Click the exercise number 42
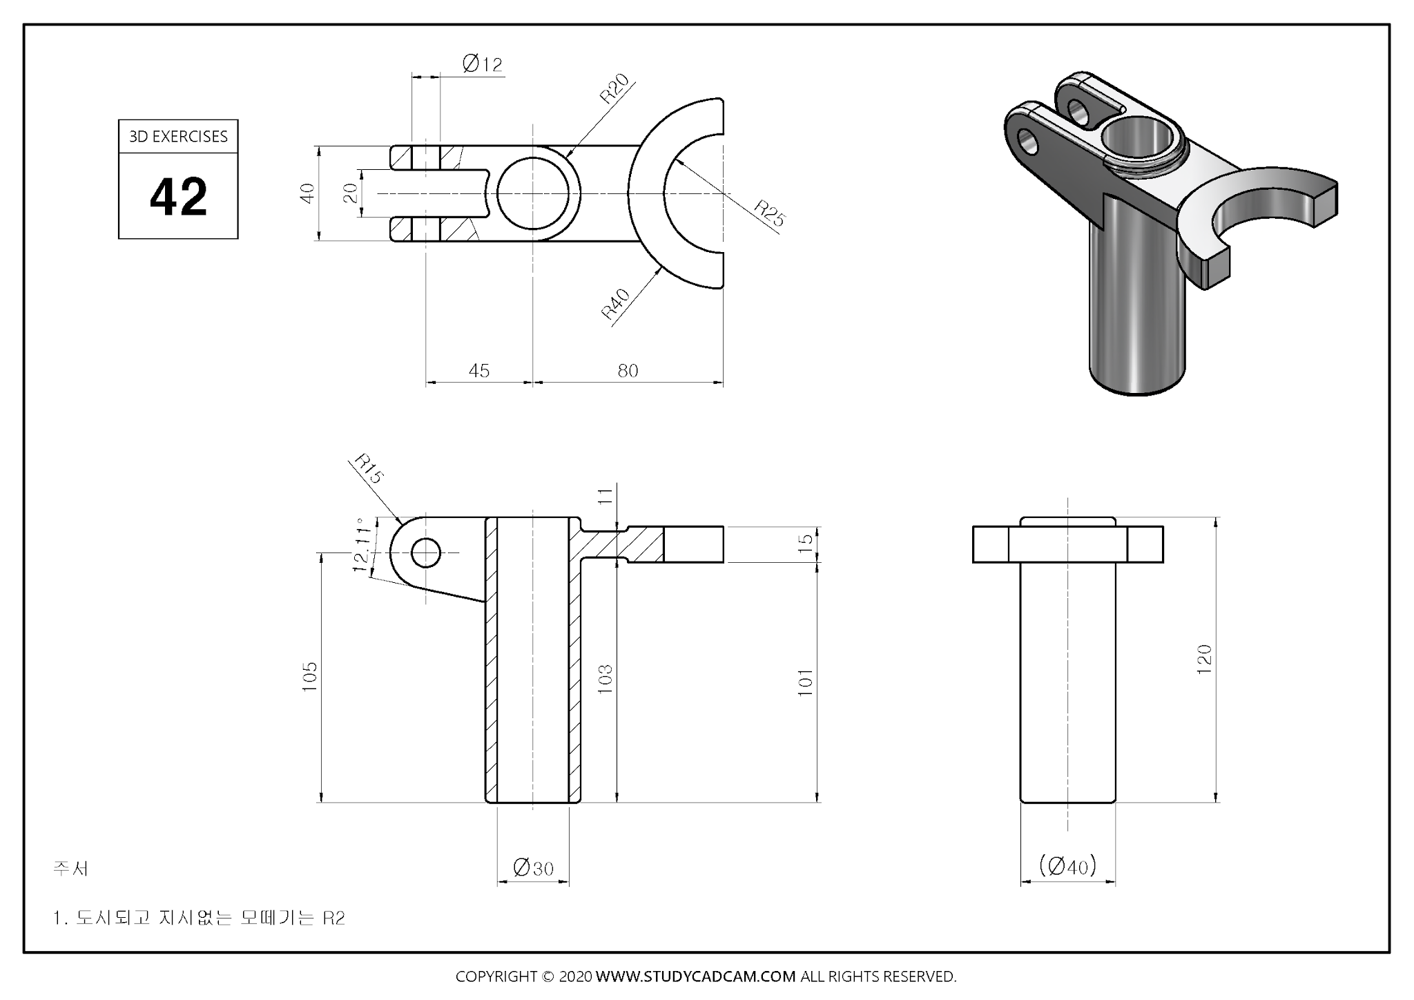pos(178,197)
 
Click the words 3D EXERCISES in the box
pos(178,137)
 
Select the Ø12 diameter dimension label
pos(482,64)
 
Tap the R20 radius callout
pos(614,88)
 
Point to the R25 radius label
pos(769,213)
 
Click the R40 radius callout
pos(616,304)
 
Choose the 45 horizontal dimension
pos(478,371)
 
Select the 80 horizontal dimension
pos(628,371)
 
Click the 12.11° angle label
pos(362,545)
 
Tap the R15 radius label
pos(368,468)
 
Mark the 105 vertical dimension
pos(310,677)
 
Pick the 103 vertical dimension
pos(605,679)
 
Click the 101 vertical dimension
pos(806,682)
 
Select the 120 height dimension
pos(1204,660)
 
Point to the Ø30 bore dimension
pos(533,867)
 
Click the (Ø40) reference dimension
pos(1067,865)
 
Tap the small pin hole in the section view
pos(425,552)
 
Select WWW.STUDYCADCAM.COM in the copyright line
pos(695,977)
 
